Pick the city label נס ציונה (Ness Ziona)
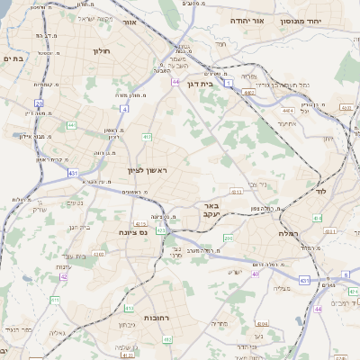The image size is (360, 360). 132,232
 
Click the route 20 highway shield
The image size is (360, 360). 40,104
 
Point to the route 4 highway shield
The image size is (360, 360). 125,108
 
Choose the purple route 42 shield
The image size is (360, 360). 63,277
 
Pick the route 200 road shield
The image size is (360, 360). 228,238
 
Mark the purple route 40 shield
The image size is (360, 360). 256,274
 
